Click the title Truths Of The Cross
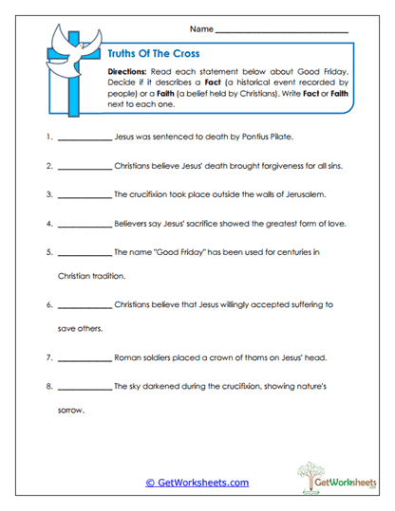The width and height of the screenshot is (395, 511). tap(147, 54)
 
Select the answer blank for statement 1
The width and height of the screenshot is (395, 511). tap(84, 138)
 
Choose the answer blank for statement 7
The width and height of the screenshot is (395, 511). tap(84, 359)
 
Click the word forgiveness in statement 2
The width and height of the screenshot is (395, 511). tap(275, 166)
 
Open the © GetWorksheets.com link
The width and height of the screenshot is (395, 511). tap(197, 483)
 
